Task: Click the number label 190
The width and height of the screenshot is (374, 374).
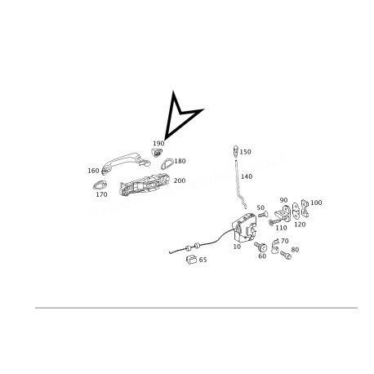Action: pyautogui.click(x=158, y=143)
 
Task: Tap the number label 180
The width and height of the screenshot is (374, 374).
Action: pyautogui.click(x=180, y=161)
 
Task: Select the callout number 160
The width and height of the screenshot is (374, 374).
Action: pyautogui.click(x=93, y=171)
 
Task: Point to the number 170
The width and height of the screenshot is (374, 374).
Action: pyautogui.click(x=101, y=194)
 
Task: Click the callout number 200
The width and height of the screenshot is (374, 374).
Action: pyautogui.click(x=180, y=180)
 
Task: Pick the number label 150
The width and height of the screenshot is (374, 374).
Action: pyautogui.click(x=245, y=152)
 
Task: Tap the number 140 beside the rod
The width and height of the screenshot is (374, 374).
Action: pyautogui.click(x=247, y=176)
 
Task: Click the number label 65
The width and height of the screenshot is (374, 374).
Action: pyautogui.click(x=203, y=260)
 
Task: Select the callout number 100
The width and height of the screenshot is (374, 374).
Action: pyautogui.click(x=316, y=203)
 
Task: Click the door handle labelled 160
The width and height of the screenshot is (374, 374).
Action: pyautogui.click(x=126, y=163)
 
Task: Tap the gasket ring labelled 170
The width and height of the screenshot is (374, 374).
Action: pyautogui.click(x=100, y=185)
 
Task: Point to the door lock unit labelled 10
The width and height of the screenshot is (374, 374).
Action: pyautogui.click(x=244, y=227)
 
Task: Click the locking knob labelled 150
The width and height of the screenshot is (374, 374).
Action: pyautogui.click(x=235, y=150)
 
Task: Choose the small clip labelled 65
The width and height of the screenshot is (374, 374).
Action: pyautogui.click(x=191, y=260)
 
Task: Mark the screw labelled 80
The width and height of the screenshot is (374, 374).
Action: pyautogui.click(x=286, y=255)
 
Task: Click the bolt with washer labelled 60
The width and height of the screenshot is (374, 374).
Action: pyautogui.click(x=260, y=247)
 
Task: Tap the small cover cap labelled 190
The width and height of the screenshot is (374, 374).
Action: pyautogui.click(x=157, y=153)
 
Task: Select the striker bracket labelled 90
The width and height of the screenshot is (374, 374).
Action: pyautogui.click(x=283, y=212)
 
